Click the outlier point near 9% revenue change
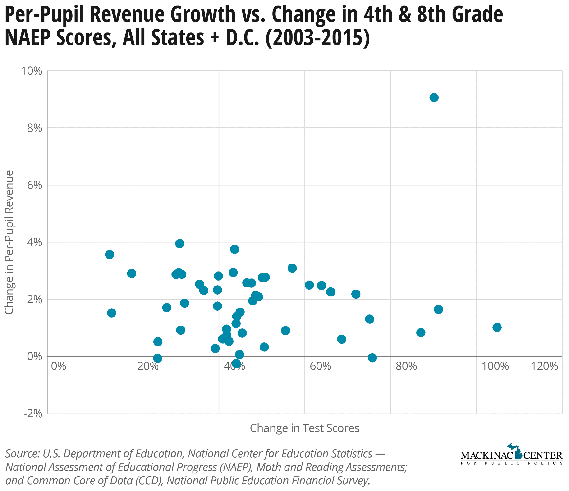[434, 97]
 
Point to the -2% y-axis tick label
[33, 414]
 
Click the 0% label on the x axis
[59, 366]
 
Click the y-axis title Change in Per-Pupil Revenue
[10, 242]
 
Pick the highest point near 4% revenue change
[180, 243]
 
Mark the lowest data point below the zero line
[236, 364]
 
